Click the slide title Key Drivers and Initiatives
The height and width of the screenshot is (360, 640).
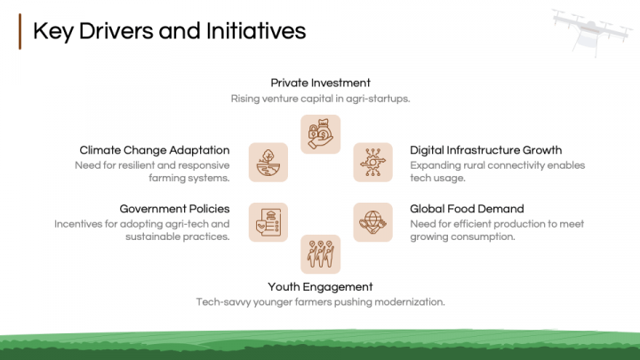click(x=169, y=31)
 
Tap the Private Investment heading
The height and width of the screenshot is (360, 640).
click(x=320, y=83)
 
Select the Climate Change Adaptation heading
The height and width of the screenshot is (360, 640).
click(x=155, y=150)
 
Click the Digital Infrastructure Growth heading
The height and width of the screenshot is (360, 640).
click(x=485, y=150)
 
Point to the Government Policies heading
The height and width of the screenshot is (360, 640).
click(x=174, y=209)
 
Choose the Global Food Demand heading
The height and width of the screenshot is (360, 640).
click(x=467, y=209)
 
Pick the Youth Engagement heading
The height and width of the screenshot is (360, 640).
click(x=320, y=286)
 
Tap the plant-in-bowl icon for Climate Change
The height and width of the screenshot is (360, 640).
click(x=268, y=163)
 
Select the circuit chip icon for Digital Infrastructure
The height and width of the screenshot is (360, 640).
click(x=372, y=163)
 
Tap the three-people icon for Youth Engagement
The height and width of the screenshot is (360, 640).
click(x=320, y=254)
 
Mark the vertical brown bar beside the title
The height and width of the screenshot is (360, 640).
click(x=20, y=31)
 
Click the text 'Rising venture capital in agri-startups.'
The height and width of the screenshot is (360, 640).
click(x=320, y=99)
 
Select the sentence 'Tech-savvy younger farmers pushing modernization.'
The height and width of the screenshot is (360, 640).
click(x=320, y=302)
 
